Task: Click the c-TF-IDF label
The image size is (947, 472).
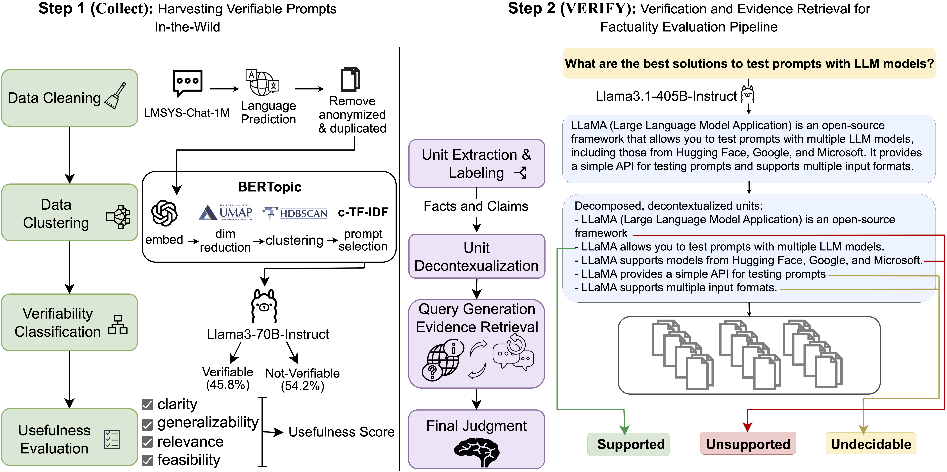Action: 363,212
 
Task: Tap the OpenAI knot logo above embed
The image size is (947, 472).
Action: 164,213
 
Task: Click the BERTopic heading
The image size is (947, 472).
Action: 270,187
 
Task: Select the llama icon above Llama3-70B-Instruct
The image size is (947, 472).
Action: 264,306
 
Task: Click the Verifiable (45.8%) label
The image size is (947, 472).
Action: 228,378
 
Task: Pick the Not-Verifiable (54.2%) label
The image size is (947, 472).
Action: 302,379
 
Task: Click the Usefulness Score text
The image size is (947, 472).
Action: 341,432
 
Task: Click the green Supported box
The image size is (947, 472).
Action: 628,444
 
